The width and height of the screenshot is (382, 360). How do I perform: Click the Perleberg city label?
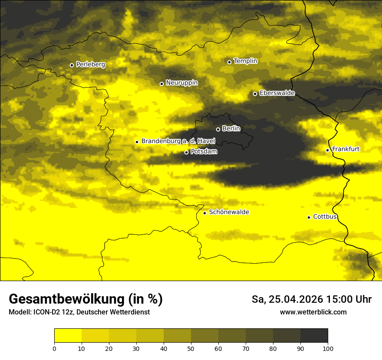(90, 65)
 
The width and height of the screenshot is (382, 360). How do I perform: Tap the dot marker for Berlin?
(218, 129)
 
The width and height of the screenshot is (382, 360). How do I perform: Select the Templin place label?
(245, 61)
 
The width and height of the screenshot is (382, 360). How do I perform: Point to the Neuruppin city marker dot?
(161, 84)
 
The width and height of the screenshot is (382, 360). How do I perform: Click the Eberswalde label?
(277, 93)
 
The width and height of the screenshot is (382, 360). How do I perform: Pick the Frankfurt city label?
(346, 149)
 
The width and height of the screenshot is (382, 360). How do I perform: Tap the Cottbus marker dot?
(309, 217)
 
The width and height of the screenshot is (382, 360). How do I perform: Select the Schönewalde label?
(229, 212)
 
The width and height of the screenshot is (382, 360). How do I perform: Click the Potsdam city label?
(204, 151)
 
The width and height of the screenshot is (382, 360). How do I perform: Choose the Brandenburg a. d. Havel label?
(178, 141)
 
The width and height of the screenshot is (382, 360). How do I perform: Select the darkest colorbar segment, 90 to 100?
(314, 335)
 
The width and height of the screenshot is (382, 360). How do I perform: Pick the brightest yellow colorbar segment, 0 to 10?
(68, 335)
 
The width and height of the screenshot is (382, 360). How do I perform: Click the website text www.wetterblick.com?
(313, 312)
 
